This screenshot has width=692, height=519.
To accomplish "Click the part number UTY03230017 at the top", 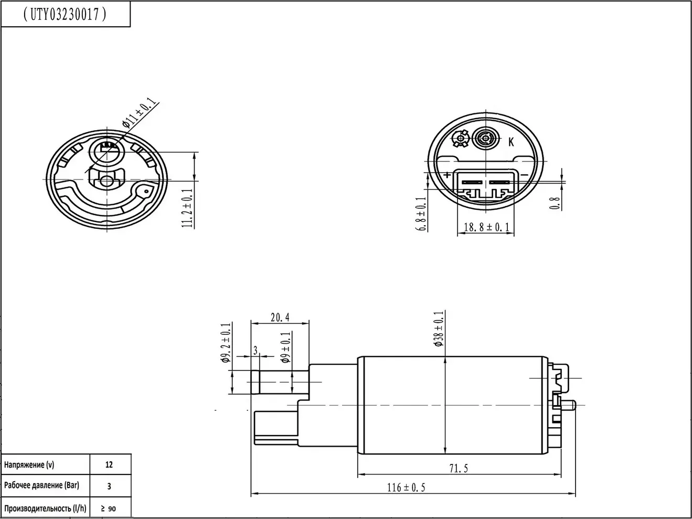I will click(66, 14).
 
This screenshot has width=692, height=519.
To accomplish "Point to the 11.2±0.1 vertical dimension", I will click(187, 208).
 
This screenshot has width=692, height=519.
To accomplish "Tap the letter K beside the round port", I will click(511, 142).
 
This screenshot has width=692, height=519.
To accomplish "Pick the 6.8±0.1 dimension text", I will click(420, 214).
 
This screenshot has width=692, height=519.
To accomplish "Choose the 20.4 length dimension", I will click(280, 317).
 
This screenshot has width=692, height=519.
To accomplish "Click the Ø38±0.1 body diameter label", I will click(439, 329).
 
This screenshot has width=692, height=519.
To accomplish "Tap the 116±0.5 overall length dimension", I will click(407, 488).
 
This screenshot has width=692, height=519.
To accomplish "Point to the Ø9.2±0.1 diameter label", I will click(226, 343).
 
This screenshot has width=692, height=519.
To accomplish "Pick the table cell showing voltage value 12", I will click(109, 464).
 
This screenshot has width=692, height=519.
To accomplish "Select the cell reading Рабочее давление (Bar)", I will click(41, 485).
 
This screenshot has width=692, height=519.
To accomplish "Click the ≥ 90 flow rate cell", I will click(109, 508).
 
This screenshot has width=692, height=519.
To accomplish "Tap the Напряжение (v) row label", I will click(29, 464).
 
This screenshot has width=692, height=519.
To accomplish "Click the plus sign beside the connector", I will click(447, 175).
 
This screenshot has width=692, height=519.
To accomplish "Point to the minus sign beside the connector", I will click(525, 175).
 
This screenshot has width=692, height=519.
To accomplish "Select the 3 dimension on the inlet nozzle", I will click(255, 351).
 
